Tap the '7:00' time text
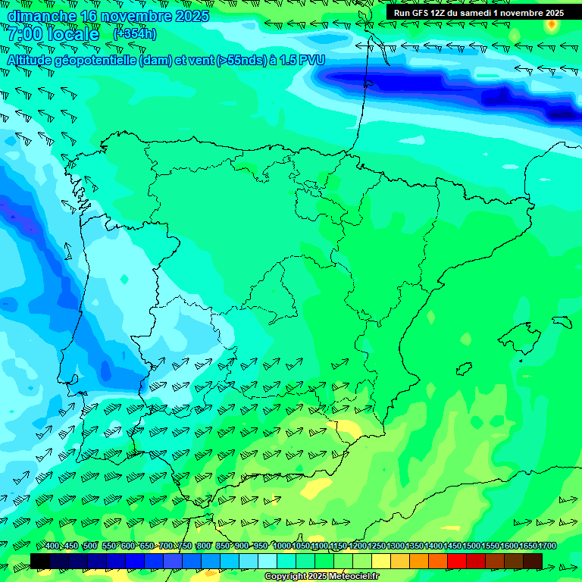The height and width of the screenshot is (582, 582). point(26,34)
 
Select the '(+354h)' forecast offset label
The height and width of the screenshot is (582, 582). point(135,34)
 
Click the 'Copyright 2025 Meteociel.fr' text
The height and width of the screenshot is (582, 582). point(321,577)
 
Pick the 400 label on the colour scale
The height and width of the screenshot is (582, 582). point(52,546)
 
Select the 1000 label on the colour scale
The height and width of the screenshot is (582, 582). point(282,546)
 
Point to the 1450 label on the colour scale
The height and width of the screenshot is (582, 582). point(452,546)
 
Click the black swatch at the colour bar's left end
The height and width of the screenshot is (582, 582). point(40,561)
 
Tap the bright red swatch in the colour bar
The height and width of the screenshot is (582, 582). point(457,561)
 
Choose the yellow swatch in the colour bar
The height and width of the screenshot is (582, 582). point(381,561)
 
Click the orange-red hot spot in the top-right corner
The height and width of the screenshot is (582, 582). point(552,24)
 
